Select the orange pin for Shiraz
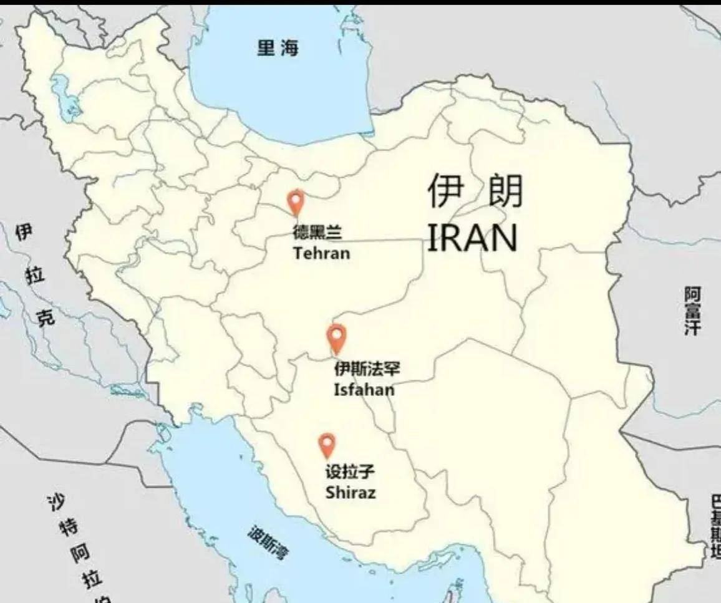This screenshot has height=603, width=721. [327, 445]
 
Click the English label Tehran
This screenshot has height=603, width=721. [321, 253]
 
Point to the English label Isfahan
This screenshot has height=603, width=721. [364, 390]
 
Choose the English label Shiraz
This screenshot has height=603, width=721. [351, 493]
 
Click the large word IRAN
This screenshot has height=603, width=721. [473, 238]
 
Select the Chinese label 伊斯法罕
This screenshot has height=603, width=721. [367, 370]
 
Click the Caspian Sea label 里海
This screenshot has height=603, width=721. [278, 48]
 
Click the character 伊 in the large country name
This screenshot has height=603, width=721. [447, 191]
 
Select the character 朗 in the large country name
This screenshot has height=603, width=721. [503, 191]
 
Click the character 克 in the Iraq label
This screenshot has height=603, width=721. [46, 319]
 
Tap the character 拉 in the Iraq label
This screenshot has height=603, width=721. [35, 276]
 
